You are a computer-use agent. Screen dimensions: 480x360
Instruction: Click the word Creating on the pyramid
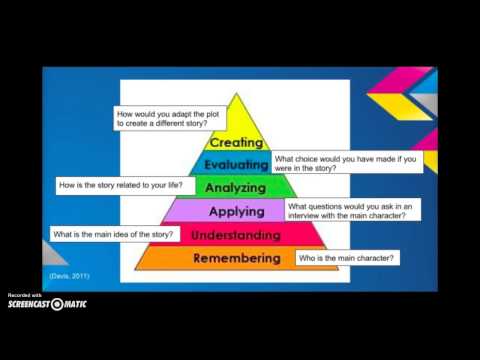[237, 143]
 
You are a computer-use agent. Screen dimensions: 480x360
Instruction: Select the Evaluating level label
[236, 165]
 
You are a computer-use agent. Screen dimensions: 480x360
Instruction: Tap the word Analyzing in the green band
[236, 187]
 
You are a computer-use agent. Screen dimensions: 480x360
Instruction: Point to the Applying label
[236, 211]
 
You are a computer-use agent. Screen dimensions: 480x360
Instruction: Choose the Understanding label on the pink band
[236, 235]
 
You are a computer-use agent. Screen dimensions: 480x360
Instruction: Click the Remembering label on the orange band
[236, 258]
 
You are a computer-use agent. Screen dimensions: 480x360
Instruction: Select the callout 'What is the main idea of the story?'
[115, 234]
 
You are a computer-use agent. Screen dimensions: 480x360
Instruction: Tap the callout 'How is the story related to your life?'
[124, 186]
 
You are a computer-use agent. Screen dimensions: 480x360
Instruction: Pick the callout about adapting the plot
[176, 121]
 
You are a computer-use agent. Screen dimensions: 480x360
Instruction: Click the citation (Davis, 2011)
[70, 274]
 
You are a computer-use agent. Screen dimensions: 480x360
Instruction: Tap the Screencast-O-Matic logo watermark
[50, 303]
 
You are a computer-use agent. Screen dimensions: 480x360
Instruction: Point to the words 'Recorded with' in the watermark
[24, 295]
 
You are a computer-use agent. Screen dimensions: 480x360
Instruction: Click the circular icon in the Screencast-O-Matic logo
[57, 304]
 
